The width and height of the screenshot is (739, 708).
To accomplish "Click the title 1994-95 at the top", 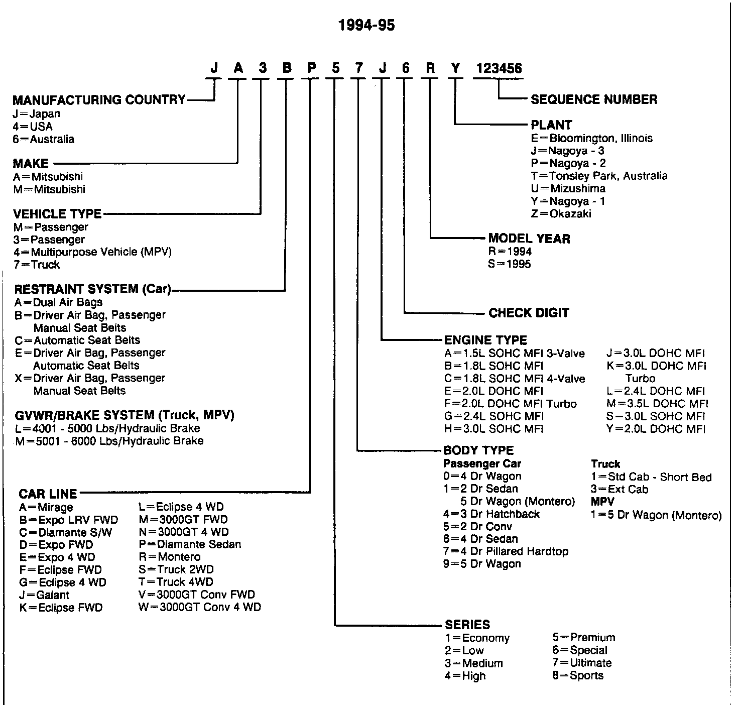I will pos(366,25).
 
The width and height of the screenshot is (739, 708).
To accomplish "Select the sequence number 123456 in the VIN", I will pos(499,68).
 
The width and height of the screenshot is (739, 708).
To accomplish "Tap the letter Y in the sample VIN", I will pos(455,68).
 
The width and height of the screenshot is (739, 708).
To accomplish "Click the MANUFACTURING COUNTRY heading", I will pos(99,100).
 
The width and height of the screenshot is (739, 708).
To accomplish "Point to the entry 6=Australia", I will pos(44,140).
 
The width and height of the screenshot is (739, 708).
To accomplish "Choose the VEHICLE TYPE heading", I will pos(57,214).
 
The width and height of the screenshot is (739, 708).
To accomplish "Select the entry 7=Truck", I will pos(37,265).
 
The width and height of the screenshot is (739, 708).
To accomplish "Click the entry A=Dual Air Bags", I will pos(59,302).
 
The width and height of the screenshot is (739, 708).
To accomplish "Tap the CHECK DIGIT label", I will pos(529,313).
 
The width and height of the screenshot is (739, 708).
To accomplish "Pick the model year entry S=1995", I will pos(509,264).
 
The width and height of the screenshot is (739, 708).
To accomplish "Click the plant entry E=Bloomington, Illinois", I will pos(592,138).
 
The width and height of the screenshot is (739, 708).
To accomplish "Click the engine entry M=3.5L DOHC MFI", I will pos(657,404).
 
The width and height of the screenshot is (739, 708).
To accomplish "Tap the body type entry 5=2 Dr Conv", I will pos(477,527).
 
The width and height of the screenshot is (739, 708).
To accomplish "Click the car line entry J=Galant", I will pos(44,595).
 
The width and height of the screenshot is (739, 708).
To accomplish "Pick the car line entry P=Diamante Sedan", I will pos(190,544).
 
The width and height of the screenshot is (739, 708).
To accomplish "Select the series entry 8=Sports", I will pos(578,675).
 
